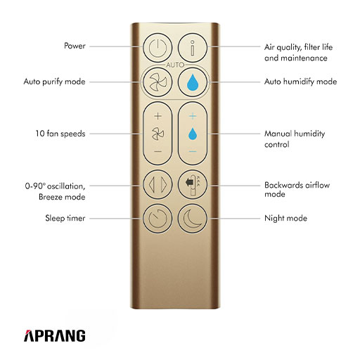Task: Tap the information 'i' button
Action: tap(193, 48)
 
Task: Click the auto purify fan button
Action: tap(157, 82)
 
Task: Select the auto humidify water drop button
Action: tap(193, 82)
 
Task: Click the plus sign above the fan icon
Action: tap(158, 116)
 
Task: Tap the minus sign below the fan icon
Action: tap(158, 151)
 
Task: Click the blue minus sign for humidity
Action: tap(193, 151)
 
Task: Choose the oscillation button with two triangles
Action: tap(157, 185)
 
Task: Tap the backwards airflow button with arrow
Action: tap(193, 185)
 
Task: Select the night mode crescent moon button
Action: tap(193, 219)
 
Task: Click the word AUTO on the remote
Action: tap(175, 65)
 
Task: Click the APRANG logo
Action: tap(55, 335)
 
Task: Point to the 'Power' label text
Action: tap(75, 46)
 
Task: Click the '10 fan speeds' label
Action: tap(60, 134)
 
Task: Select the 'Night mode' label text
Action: tap(285, 219)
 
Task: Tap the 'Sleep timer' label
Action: tap(65, 218)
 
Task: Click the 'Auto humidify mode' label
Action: tap(301, 82)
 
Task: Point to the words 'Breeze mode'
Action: tap(62, 197)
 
